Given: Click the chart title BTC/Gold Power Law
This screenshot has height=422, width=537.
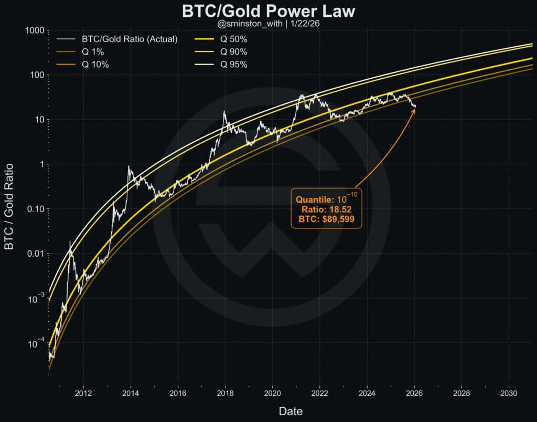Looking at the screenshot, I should [x=268, y=12].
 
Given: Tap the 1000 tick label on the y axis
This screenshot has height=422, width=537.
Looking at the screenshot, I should [x=34, y=31].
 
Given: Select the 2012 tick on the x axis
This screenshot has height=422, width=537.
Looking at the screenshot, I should [x=83, y=393].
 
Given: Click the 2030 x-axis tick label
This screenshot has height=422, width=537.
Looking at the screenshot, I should [x=508, y=393].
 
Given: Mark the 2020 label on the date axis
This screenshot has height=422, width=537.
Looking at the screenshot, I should [x=272, y=393].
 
